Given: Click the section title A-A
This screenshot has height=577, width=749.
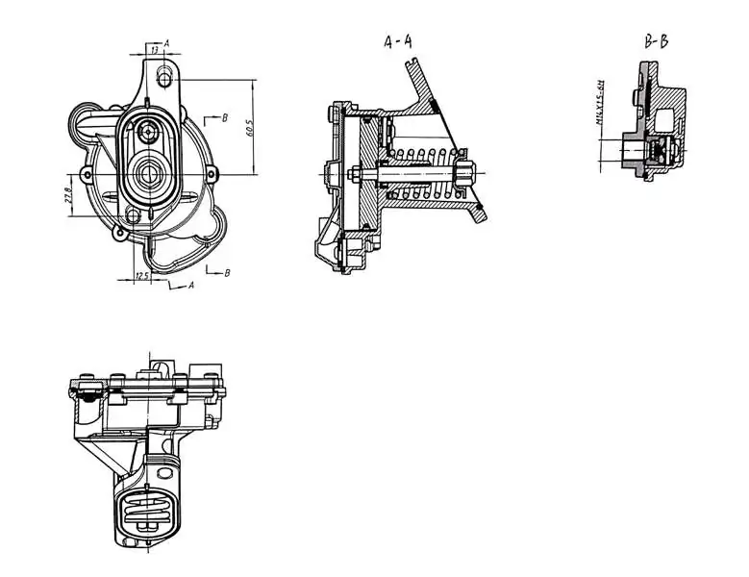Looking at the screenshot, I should coord(397,41).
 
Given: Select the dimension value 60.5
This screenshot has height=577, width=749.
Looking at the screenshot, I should coord(248,126).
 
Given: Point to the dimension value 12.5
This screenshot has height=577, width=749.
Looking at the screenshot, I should coord(141,276).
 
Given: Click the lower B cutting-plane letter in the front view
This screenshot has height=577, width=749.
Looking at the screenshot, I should coord(226,273).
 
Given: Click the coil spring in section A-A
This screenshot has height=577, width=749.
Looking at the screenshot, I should coord(423,173).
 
